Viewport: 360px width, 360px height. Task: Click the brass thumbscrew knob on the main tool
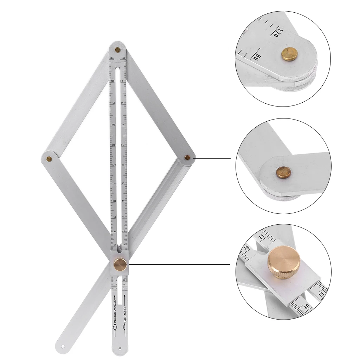[121, 264]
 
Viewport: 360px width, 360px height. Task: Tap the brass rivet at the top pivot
[118, 50]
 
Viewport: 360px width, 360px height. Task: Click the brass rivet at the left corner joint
[49, 159]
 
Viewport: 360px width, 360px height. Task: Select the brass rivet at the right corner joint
[187, 157]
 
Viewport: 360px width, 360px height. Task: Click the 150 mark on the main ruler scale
[113, 103]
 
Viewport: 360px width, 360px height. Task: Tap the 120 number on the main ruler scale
[113, 164]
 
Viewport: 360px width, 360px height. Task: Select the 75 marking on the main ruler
[122, 103]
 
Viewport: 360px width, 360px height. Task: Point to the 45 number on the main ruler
[123, 217]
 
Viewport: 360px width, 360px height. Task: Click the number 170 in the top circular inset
[277, 32]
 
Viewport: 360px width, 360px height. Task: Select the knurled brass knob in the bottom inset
[284, 262]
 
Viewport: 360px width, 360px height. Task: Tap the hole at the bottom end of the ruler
[120, 349]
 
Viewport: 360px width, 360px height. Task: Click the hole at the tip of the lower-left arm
[63, 346]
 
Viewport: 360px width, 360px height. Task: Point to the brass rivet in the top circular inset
[289, 54]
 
